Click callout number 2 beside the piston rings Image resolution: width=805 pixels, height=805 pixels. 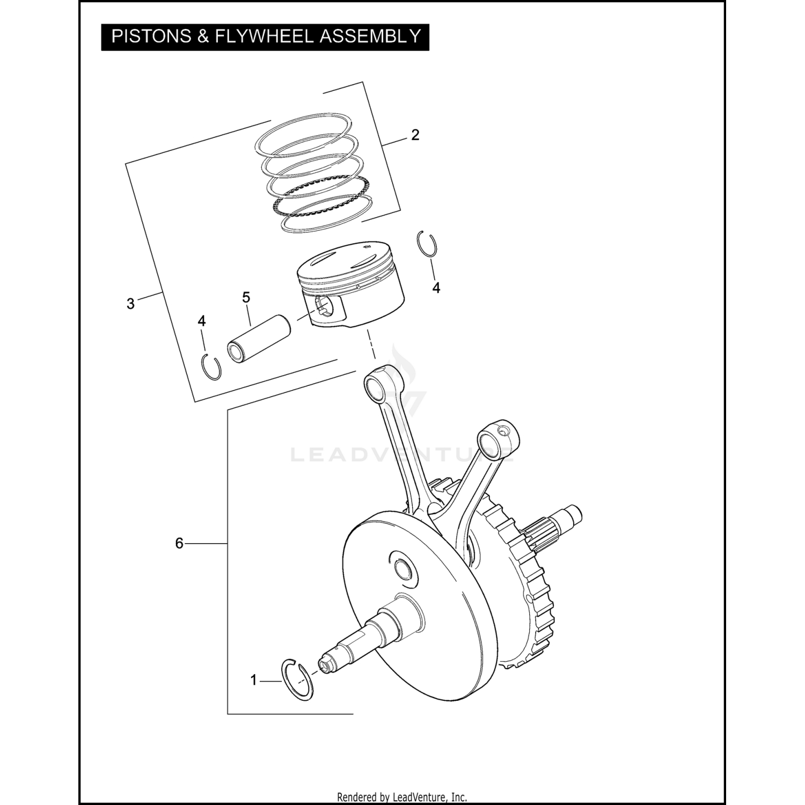point(415,135)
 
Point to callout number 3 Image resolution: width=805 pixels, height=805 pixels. point(130,304)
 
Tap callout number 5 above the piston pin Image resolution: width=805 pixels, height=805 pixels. point(246,298)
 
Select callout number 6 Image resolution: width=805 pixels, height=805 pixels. point(179,544)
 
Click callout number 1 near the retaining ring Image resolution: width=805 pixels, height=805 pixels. point(254,680)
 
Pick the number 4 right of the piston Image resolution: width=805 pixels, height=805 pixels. point(436,288)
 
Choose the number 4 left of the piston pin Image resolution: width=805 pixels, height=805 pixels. point(202,321)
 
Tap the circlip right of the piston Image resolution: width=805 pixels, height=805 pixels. point(427,246)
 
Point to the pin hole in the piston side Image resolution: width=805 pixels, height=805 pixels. point(324,307)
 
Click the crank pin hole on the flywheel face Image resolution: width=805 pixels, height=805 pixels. point(402,567)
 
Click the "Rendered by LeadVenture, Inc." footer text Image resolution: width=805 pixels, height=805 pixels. point(402,797)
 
